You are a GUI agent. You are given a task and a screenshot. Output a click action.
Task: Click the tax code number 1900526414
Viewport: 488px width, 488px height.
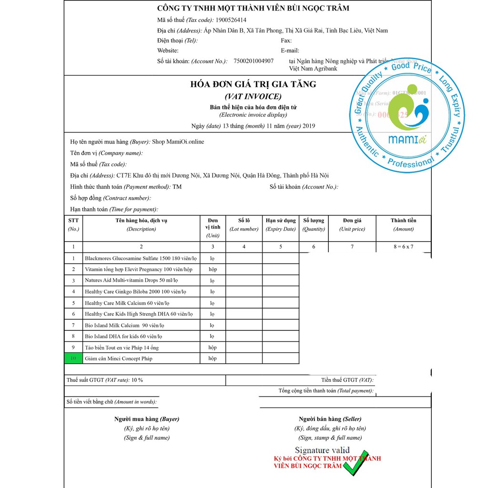(231, 20)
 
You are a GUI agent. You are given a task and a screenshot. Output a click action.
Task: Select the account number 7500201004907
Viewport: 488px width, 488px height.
(254, 61)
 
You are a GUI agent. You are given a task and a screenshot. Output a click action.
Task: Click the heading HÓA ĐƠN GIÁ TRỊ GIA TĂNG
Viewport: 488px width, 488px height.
(253, 84)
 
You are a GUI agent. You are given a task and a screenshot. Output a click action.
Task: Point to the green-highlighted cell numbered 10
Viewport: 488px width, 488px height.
(73, 358)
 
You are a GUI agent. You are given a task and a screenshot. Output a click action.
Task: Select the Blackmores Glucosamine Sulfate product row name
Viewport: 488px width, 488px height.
(141, 258)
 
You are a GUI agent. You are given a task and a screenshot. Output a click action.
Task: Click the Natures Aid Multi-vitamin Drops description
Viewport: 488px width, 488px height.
(131, 280)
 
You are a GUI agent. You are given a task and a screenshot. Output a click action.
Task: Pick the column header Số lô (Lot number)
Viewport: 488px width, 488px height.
(244, 224)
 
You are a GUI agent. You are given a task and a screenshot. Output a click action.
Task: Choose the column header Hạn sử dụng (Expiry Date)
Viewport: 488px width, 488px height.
(281, 224)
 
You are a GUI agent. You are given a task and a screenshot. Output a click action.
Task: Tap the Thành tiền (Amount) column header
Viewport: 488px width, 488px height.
(403, 224)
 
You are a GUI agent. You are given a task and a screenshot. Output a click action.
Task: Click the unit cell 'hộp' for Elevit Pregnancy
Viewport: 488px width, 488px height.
(213, 269)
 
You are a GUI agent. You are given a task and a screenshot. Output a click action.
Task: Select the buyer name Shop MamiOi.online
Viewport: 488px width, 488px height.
(178, 142)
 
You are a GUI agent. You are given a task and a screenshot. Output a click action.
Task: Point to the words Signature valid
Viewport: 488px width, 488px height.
(322, 450)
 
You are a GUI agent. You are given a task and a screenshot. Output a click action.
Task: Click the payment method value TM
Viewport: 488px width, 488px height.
(177, 187)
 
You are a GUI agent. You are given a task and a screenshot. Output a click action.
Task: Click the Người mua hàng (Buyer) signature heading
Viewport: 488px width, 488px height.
(146, 419)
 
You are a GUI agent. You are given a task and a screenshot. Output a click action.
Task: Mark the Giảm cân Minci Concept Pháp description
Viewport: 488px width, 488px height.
(119, 358)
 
